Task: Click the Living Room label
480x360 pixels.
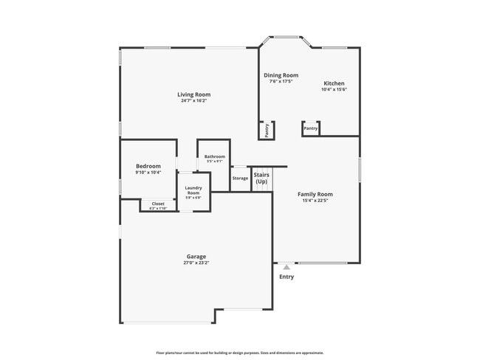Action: [x=194, y=94]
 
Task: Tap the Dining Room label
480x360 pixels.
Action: [x=281, y=75]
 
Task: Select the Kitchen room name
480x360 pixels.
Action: [x=334, y=83]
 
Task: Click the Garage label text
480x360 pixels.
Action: [x=196, y=257]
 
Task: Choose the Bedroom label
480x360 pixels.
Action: [x=148, y=166]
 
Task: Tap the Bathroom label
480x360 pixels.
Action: [x=215, y=156]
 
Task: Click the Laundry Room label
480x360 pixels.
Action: [x=193, y=190]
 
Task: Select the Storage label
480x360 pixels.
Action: [x=240, y=179]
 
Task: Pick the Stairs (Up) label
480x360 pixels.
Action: [x=261, y=179]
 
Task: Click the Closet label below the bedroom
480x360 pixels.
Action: [x=158, y=204]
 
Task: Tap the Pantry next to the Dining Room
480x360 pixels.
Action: [x=267, y=130]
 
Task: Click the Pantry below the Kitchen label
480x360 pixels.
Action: [x=311, y=128]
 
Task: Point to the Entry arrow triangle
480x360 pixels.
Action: [x=287, y=267]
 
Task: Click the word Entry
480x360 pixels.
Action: [x=287, y=277]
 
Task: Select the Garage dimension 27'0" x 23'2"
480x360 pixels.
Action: [x=196, y=263]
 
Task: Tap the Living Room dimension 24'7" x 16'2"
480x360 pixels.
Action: [x=194, y=101]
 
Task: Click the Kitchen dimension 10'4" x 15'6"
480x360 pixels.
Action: [x=334, y=90]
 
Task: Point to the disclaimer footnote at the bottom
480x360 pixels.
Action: [x=240, y=353]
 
